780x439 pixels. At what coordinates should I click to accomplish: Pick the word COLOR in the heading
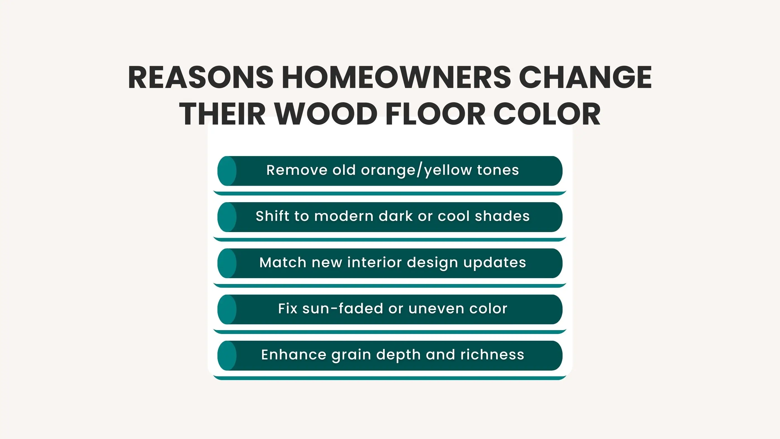[547, 114]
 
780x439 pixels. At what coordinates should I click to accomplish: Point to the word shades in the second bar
[502, 216]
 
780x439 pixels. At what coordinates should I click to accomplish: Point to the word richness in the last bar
[492, 355]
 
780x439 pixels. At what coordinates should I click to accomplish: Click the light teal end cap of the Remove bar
[227, 171]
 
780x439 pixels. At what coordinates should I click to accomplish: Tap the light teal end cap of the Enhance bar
[227, 356]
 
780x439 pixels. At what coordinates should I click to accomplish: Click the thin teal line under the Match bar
[390, 286]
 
